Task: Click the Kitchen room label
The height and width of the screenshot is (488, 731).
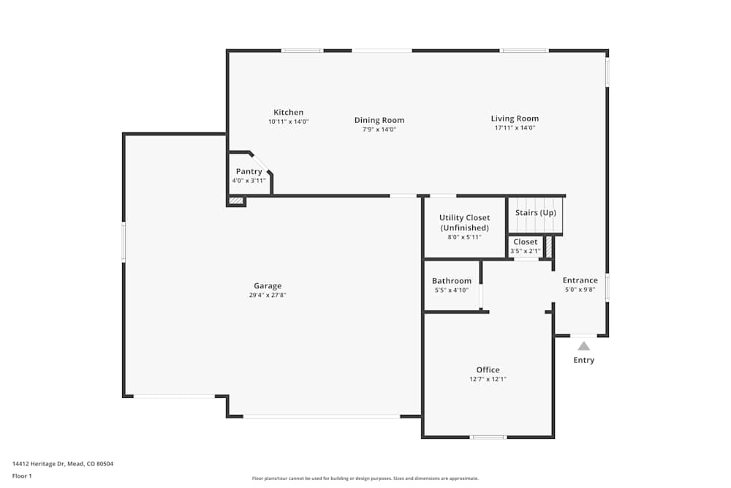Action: [x=288, y=113]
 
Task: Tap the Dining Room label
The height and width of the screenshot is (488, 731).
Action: [x=379, y=120]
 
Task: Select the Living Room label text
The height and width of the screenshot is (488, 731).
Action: [x=515, y=119]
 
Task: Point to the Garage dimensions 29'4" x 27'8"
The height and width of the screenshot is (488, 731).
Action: [x=268, y=296]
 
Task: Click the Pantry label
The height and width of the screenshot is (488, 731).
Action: [x=249, y=172]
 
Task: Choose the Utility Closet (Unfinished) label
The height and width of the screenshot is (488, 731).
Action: [x=464, y=222]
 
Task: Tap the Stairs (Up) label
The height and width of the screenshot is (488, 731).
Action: [x=535, y=213]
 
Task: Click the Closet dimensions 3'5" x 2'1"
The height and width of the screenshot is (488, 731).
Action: [x=525, y=251]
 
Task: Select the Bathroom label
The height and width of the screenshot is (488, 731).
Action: [x=451, y=281]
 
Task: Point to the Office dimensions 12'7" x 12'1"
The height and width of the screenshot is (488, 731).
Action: [x=488, y=380]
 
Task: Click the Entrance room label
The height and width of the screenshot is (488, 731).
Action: [x=580, y=280]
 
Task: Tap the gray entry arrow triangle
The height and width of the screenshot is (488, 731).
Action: [x=583, y=346]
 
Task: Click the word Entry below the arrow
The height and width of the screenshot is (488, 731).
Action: [x=583, y=360]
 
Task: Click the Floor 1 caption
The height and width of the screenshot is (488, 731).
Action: [x=23, y=476]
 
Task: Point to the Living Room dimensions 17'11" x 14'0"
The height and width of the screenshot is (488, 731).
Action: [x=515, y=128]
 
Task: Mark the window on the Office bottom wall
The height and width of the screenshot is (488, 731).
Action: [x=488, y=438]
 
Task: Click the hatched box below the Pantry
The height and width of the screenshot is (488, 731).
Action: [x=235, y=201]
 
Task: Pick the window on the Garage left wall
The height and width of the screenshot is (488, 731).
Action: [x=124, y=241]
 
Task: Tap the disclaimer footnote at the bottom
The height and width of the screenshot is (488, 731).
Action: [x=365, y=478]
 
